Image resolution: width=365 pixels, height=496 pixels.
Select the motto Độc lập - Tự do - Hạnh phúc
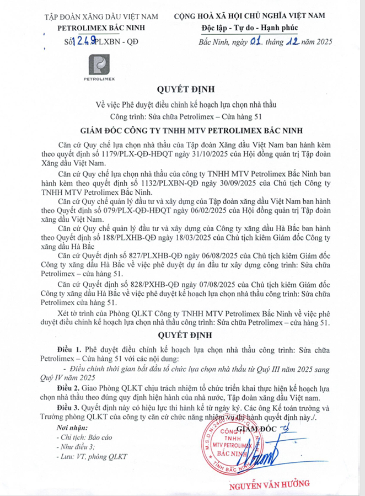coord(248,28)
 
